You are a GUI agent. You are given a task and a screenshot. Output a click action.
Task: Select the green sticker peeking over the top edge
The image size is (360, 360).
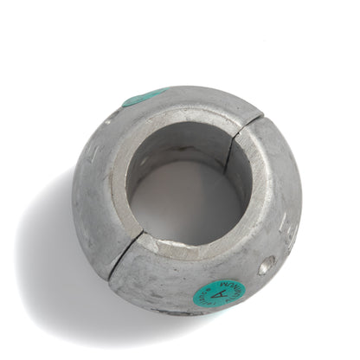click(143, 97)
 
